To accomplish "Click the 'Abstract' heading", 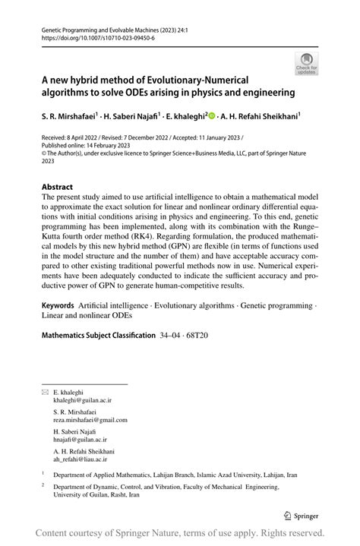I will pyautogui.click(x=57, y=186).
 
